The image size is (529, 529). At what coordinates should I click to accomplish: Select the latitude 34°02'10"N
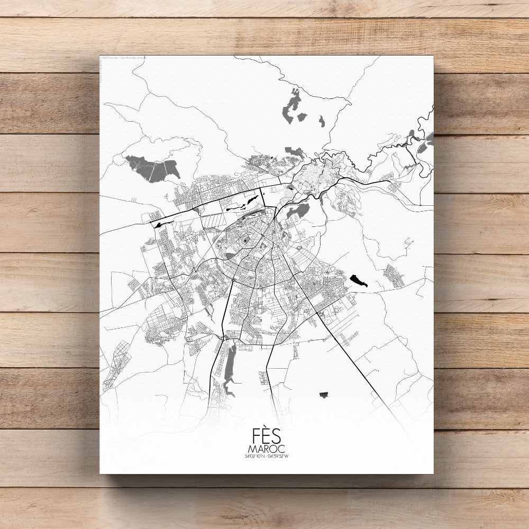pos(254,456)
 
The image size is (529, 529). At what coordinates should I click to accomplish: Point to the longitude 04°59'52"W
pos(279,456)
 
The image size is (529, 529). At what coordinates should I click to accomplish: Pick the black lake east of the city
pos(358,280)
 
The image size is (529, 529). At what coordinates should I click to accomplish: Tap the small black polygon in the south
pos(324,395)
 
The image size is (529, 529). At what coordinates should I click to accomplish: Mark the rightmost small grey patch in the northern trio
pos(322,122)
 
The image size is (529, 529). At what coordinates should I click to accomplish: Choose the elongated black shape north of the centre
pos(244,203)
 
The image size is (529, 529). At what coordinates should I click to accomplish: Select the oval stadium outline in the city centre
pos(245,242)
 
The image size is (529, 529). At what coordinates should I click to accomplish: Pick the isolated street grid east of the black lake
pos(394,276)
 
